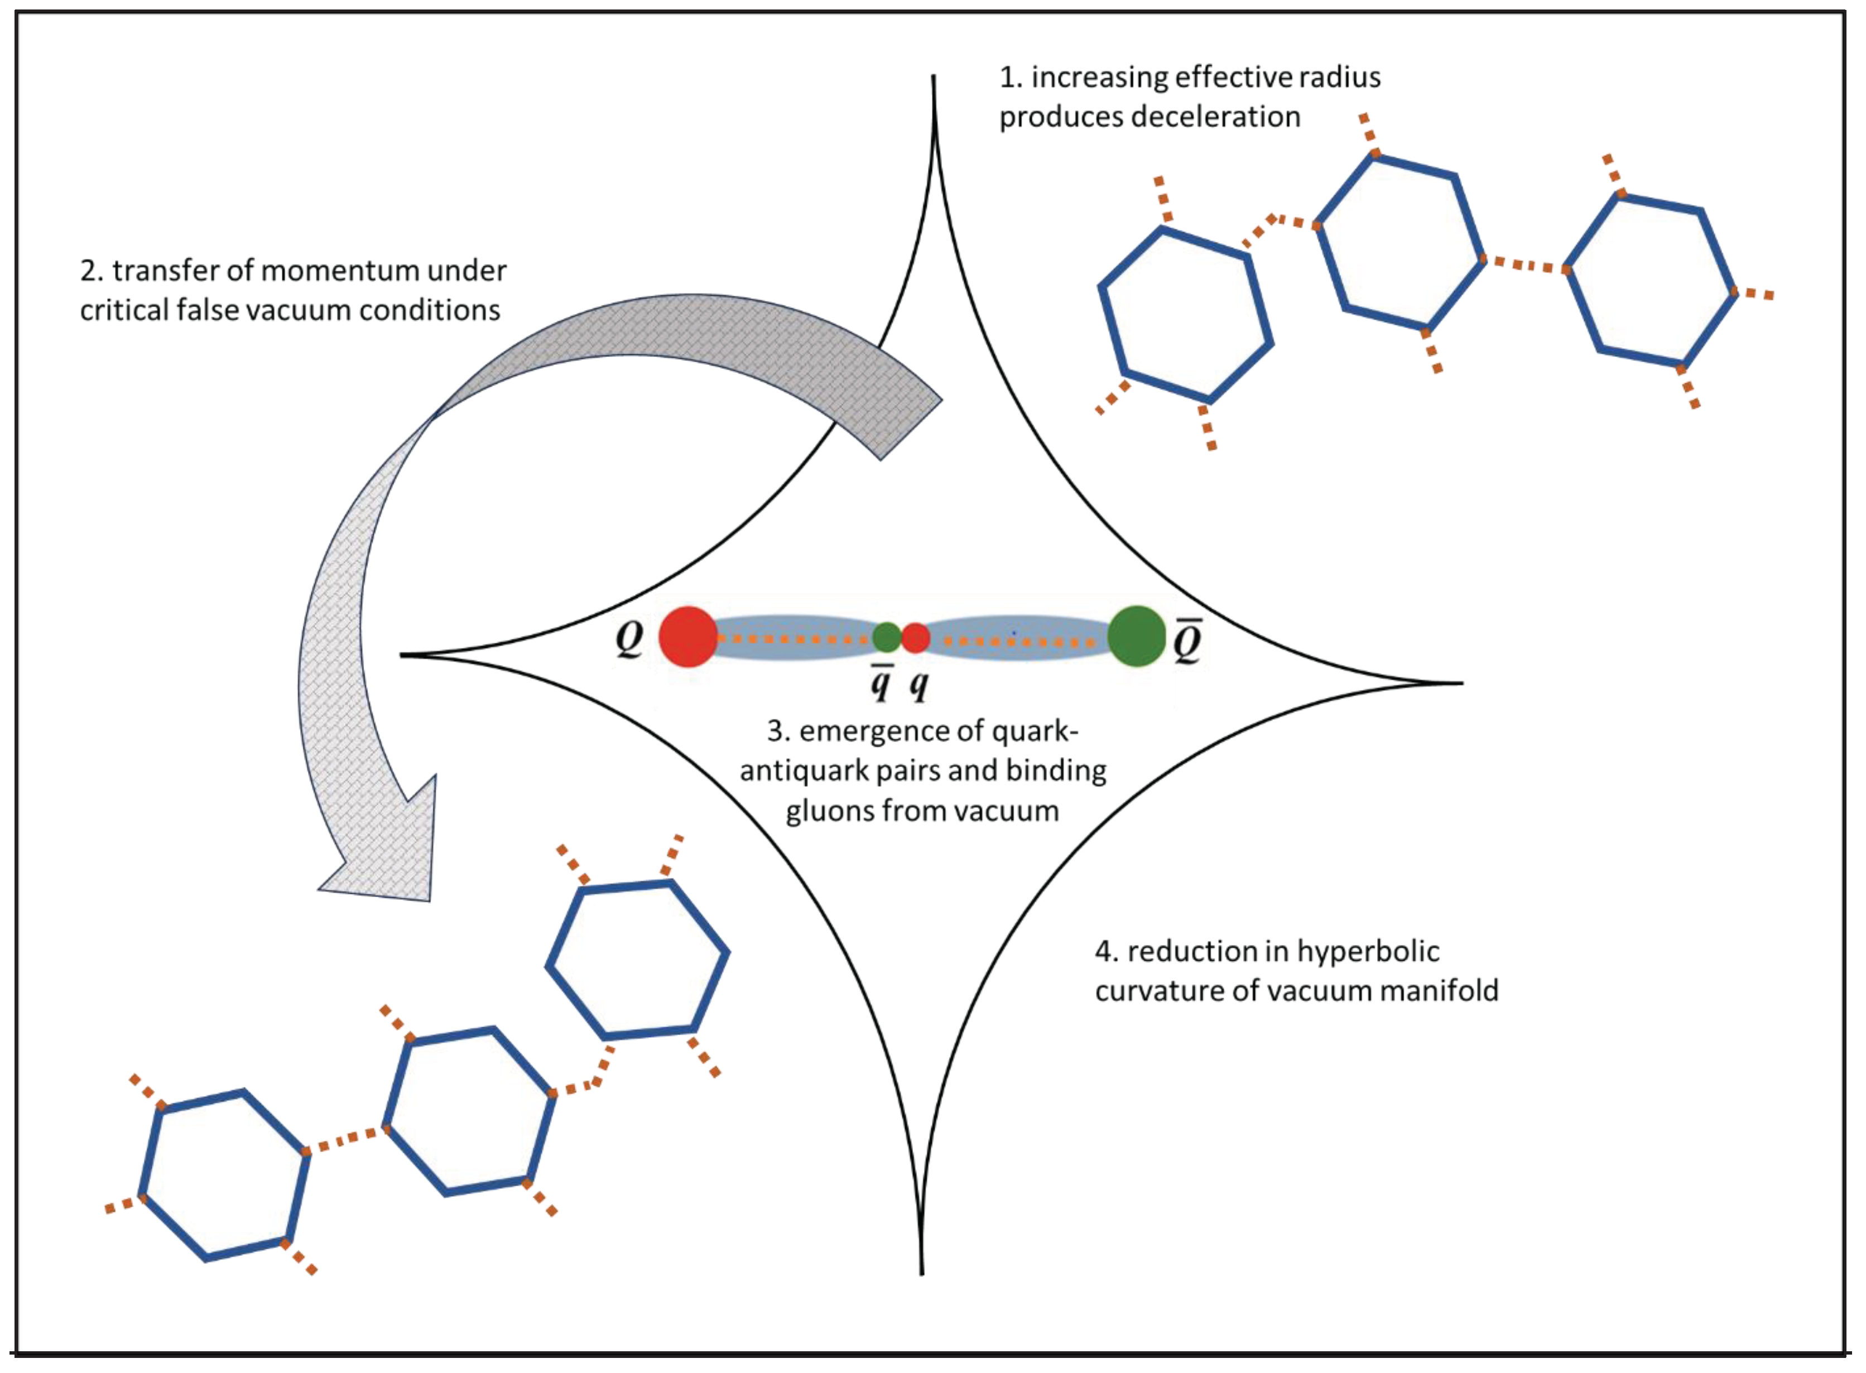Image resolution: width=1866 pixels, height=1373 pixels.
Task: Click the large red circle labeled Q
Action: tap(687, 637)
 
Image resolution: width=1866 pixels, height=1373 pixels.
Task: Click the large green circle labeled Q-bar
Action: tap(1136, 637)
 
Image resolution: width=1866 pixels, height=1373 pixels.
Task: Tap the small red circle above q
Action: tap(915, 638)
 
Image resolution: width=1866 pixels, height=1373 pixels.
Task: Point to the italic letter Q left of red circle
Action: tap(629, 639)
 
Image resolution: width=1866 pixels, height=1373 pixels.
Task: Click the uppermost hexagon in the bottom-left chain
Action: tap(637, 960)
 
